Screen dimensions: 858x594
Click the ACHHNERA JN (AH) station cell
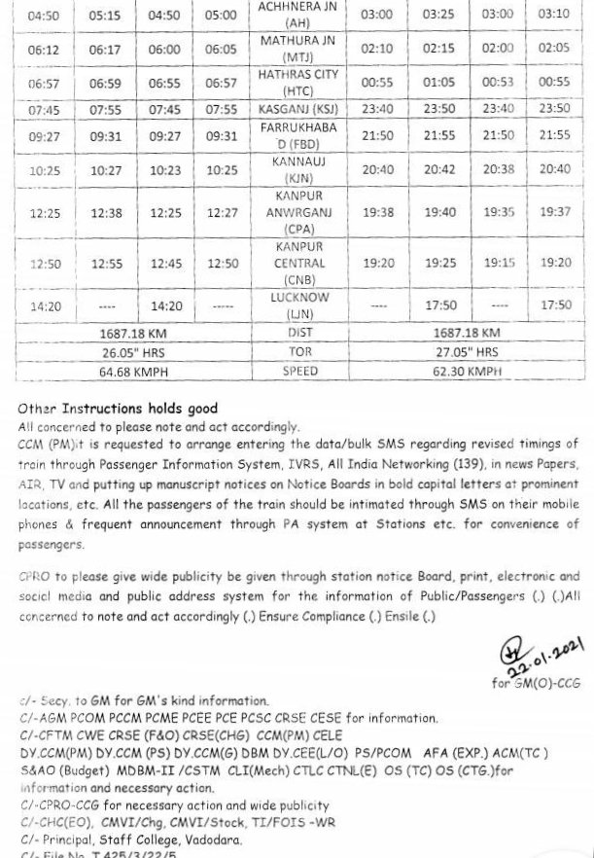click(298, 15)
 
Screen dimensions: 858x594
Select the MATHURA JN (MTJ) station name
click(298, 49)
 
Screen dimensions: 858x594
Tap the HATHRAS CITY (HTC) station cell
click(298, 83)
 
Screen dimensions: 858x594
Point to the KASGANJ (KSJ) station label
click(298, 110)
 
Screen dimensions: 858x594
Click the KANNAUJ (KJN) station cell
click(298, 170)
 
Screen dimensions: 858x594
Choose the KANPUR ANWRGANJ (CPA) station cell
click(298, 212)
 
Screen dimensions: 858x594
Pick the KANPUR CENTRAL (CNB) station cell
click(298, 264)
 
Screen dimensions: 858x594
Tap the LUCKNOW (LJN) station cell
click(298, 305)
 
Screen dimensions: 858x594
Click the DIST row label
click(299, 333)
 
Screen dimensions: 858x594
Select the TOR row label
click(299, 352)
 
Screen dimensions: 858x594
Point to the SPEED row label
click(299, 372)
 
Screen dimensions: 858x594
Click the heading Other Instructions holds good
click(118, 409)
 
